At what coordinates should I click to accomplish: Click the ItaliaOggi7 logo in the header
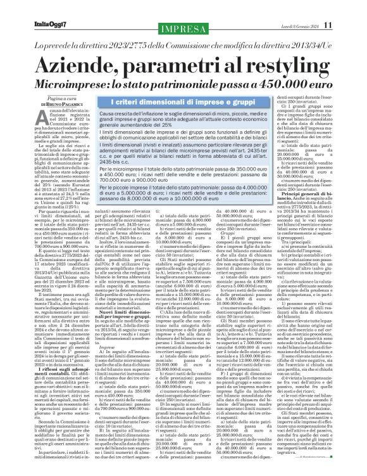tap(33, 8)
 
